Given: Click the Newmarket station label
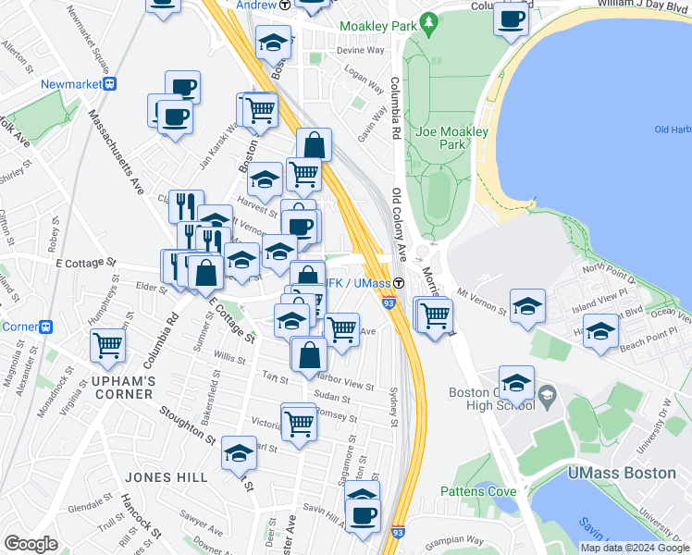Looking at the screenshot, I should (70, 83).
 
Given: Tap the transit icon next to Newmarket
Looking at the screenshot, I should (110, 83).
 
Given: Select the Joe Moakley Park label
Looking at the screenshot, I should (451, 138).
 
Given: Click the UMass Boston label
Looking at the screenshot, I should (622, 473).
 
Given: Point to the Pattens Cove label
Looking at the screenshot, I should (477, 491).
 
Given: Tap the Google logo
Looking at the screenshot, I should (31, 544).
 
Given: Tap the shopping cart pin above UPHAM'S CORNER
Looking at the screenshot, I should (108, 345).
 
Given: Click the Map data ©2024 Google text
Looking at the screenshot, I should (635, 548).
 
